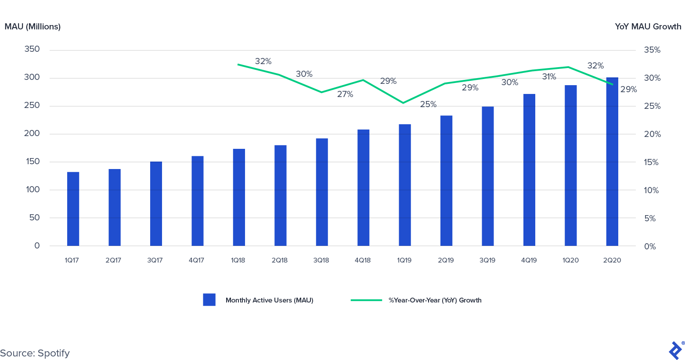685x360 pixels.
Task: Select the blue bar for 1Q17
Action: [x=73, y=209]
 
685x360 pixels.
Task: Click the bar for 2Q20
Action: [x=612, y=162]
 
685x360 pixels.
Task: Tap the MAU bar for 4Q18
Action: [x=363, y=187]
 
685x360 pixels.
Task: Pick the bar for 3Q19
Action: [x=487, y=176]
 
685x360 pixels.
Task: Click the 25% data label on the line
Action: [x=428, y=104]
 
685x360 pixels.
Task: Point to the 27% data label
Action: [x=345, y=94]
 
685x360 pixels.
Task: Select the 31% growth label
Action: [x=549, y=77]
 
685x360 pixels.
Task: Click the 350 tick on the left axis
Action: [x=32, y=49]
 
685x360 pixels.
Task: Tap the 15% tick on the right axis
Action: [x=652, y=162]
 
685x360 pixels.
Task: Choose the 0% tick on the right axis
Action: [x=650, y=247]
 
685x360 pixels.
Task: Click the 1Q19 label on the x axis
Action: [x=404, y=260]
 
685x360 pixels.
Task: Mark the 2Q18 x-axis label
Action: [x=279, y=260]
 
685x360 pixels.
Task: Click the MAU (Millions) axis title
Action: [x=32, y=27]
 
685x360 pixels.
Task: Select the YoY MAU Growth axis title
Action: [x=648, y=27]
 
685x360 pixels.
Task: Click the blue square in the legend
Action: [x=209, y=300]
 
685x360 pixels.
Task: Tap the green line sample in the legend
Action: [x=366, y=300]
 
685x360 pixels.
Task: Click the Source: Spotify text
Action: [x=35, y=353]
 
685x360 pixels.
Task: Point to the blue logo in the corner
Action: [x=675, y=350]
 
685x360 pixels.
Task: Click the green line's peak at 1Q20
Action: [x=569, y=67]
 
